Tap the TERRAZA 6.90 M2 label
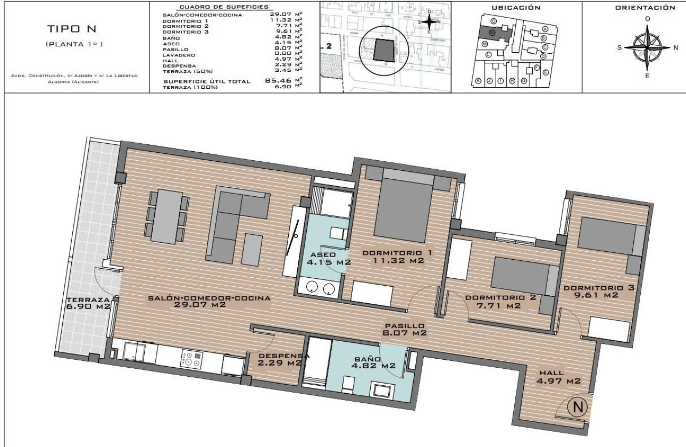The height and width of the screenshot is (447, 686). [x=88, y=303]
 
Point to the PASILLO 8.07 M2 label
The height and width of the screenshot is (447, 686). [x=405, y=329]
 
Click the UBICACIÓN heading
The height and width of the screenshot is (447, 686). [x=516, y=7]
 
